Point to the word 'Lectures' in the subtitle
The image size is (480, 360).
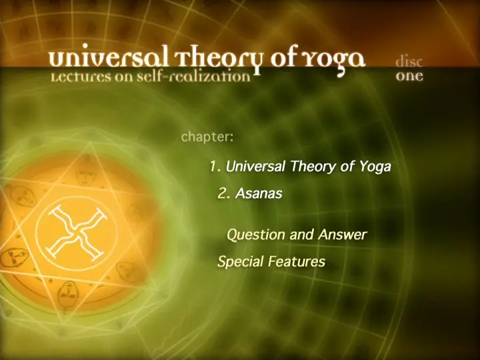(x=81, y=77)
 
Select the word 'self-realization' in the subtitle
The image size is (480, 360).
(x=193, y=76)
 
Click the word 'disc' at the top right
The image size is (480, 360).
(x=409, y=61)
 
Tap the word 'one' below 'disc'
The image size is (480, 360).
(x=409, y=76)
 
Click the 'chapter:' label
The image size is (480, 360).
(x=207, y=137)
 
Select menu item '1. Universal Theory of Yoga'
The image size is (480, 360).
(x=300, y=167)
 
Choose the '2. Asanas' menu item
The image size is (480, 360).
(x=250, y=193)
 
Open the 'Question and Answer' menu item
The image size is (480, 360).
(x=296, y=235)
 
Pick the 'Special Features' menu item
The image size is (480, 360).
(x=271, y=262)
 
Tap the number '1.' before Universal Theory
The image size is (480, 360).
(x=215, y=166)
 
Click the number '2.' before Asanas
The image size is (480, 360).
(x=224, y=193)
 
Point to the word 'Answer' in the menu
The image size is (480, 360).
(x=342, y=235)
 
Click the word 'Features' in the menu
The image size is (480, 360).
(x=297, y=262)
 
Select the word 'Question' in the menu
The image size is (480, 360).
(x=255, y=235)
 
